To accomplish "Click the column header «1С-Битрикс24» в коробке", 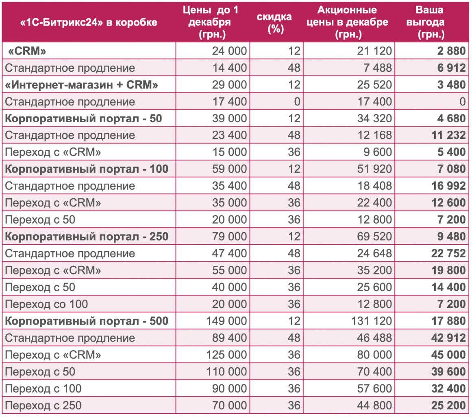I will (x=89, y=22).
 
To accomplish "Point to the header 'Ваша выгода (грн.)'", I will (x=431, y=22).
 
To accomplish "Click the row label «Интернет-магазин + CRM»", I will (x=81, y=85).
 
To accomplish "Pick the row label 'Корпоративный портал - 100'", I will (x=87, y=169).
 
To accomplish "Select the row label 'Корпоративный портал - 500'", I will (x=87, y=321).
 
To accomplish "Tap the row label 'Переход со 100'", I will (x=46, y=304).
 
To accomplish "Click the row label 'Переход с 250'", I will (x=44, y=405).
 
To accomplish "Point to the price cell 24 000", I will (x=229, y=51).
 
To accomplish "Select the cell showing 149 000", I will (x=226, y=321).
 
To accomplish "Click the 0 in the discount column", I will (x=297, y=101).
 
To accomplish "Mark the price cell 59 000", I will (x=229, y=169).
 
